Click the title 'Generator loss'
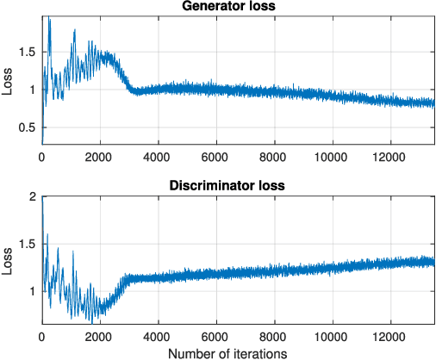pyautogui.click(x=239, y=8)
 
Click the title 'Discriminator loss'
pyautogui.click(x=239, y=185)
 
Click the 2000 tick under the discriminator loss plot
pyautogui.click(x=99, y=334)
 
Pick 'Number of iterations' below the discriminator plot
pyautogui.click(x=239, y=351)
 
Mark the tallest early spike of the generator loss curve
pyautogui.click(x=48, y=17)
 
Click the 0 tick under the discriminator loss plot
pyautogui.click(x=41, y=334)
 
